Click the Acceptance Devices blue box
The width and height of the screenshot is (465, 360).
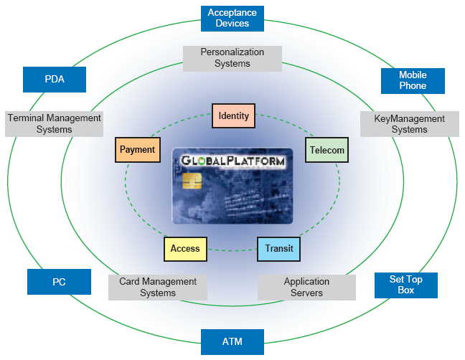point(232,18)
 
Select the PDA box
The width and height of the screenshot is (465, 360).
point(55,80)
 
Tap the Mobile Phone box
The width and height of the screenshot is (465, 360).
point(413,80)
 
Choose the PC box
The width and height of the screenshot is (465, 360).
point(59,282)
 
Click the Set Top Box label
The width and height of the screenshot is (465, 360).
point(405,285)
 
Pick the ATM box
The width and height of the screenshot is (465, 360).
point(232,342)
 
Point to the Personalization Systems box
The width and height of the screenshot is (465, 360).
point(232,58)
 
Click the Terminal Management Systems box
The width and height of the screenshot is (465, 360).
point(55,124)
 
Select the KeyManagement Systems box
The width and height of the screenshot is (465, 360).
point(409,124)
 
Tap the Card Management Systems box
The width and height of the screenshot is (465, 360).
point(158,288)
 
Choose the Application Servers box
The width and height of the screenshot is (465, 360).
point(306,288)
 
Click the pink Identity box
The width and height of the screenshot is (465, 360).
point(233,116)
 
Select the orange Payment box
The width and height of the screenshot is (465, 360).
point(137,150)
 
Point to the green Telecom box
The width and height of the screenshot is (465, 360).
point(327,151)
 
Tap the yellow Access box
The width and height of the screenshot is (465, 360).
point(185,249)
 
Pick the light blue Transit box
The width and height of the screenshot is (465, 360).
point(278,249)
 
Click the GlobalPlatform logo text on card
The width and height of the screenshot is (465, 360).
point(232,161)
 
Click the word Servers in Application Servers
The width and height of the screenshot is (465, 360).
point(306,293)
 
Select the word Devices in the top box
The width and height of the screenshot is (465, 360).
point(232,24)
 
